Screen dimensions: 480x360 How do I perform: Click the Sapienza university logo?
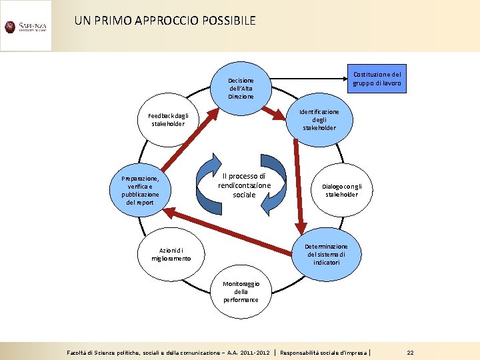25,27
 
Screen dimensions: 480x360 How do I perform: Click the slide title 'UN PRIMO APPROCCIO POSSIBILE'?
165,21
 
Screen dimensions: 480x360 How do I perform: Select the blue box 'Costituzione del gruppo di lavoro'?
377,79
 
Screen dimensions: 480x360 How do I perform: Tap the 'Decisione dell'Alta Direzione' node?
241,89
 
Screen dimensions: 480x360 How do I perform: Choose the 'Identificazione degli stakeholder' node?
319,120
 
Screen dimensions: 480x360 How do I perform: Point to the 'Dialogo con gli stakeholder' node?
347,191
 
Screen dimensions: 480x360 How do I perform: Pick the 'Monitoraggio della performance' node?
241,292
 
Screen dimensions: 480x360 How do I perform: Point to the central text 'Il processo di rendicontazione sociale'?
243,185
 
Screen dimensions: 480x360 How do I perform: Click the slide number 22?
411,352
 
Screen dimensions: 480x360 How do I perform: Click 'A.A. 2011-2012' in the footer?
248,352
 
